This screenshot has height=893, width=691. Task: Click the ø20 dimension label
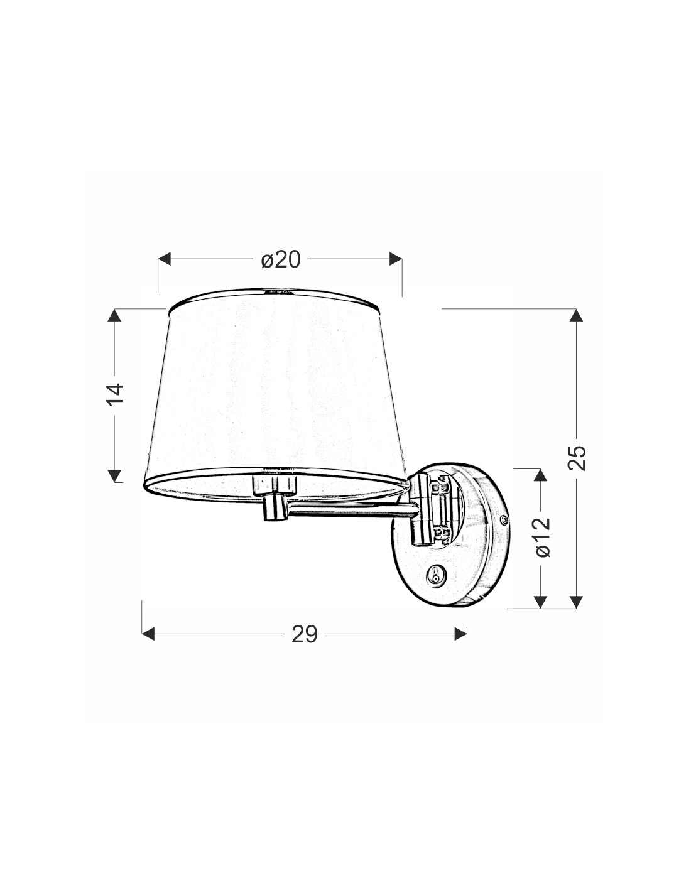281,260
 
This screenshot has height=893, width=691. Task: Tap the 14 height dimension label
116,395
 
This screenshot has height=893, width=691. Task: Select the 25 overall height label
577,457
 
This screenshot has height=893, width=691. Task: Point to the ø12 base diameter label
543,537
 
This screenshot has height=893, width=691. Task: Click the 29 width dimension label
305,634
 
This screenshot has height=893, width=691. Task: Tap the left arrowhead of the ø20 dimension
164,259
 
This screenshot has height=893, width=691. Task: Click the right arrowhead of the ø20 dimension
396,259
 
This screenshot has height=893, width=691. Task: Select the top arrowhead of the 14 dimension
115,315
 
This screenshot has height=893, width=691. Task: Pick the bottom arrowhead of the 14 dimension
115,475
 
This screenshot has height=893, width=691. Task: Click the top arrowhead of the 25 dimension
577,315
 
